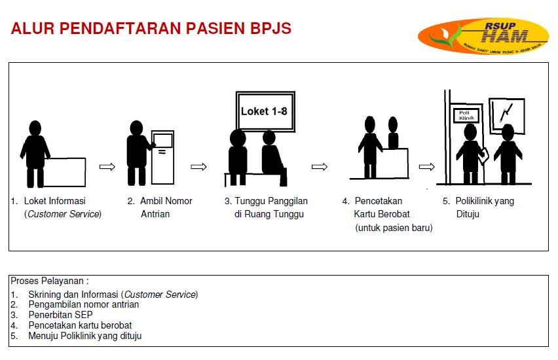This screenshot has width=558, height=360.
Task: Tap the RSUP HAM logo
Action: (x=483, y=35)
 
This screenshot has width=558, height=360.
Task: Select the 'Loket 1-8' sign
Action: (x=263, y=111)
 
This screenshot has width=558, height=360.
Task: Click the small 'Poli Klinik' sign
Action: (x=466, y=117)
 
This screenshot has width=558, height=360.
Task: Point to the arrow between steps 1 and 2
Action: (x=107, y=167)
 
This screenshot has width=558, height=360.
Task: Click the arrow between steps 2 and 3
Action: (x=198, y=167)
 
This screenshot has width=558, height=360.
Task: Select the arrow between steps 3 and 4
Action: (x=320, y=167)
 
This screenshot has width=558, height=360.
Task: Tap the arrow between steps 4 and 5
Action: (x=427, y=167)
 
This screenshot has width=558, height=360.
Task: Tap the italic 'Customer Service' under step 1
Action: (x=63, y=214)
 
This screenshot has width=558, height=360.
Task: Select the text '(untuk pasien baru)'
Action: (x=394, y=228)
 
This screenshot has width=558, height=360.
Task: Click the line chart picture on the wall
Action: (x=507, y=115)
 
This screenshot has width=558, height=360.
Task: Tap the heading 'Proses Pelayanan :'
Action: (x=50, y=281)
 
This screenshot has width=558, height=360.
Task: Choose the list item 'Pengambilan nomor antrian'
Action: (x=83, y=304)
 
